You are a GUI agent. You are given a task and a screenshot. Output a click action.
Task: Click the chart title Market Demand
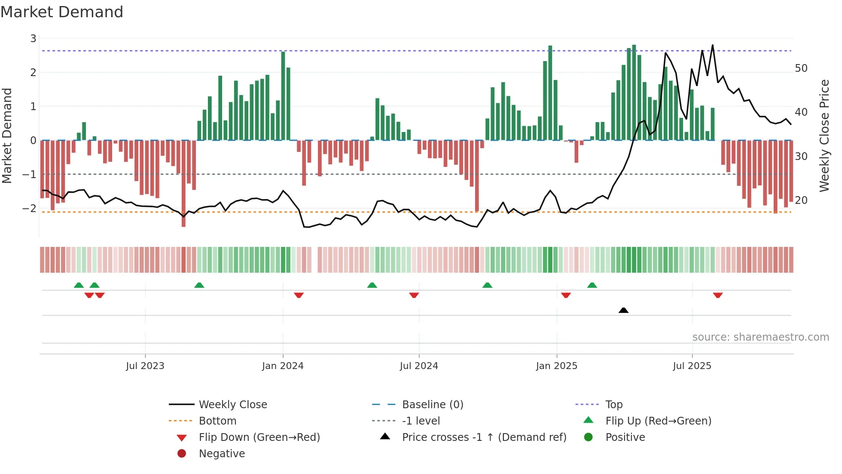coord(62,12)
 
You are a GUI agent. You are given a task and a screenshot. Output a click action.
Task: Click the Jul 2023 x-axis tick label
coord(145,366)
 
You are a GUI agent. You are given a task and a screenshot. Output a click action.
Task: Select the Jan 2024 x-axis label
coord(283,366)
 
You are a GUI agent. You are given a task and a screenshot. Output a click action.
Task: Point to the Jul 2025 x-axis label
coord(692,366)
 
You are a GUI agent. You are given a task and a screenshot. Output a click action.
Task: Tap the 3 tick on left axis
coord(33,39)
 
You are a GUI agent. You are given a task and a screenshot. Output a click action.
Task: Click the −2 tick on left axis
coord(30,208)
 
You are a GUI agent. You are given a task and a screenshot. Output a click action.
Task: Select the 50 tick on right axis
coord(801,68)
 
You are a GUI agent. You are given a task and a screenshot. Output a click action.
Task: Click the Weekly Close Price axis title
coord(824,135)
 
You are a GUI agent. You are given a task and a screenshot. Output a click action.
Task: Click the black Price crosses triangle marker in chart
coord(623,310)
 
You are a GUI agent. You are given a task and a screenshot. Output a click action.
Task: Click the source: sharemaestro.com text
coord(760,337)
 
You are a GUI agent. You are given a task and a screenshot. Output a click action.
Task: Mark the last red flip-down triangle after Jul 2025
coord(718,295)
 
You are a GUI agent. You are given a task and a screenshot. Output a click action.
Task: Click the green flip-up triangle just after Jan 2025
coord(592,285)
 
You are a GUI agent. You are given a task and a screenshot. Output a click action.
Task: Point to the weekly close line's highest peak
coord(713,45)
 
